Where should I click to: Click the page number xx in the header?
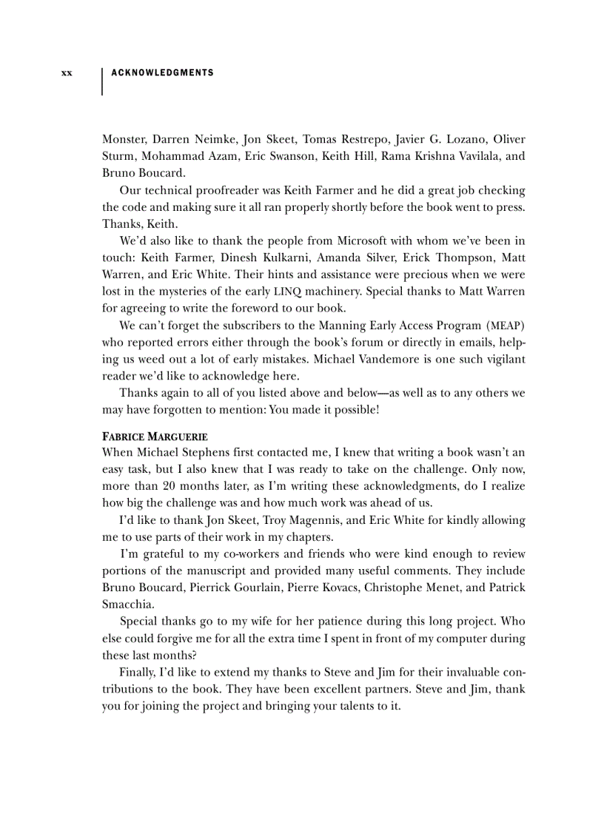click(x=67, y=73)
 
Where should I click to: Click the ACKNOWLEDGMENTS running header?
click(x=162, y=73)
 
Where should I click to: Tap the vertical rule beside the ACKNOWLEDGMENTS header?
click(x=101, y=81)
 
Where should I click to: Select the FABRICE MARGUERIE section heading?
click(x=155, y=437)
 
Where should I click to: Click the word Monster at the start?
click(x=124, y=139)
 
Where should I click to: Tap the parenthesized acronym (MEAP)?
click(x=506, y=326)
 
